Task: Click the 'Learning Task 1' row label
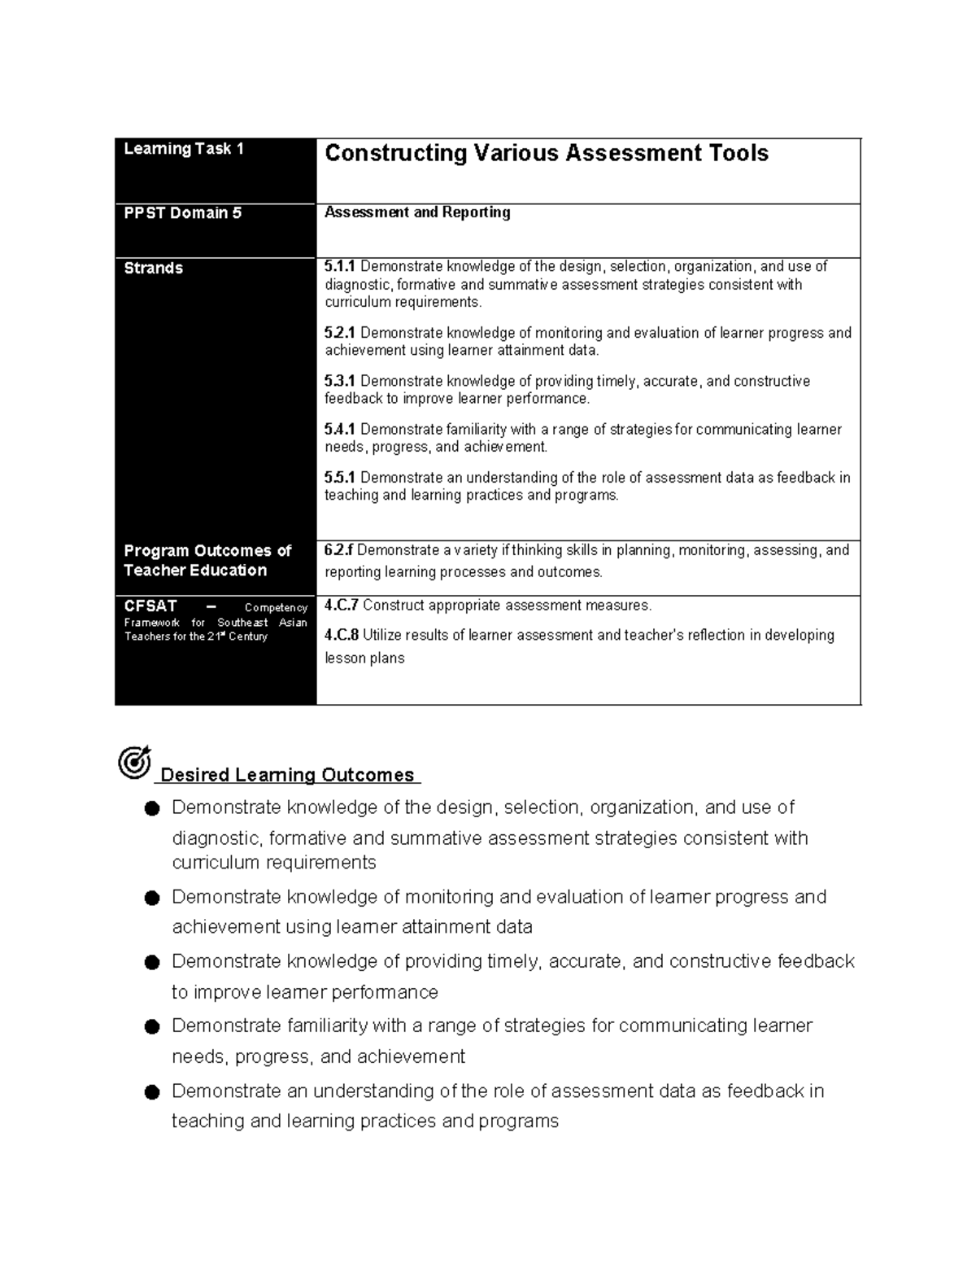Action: [x=184, y=149]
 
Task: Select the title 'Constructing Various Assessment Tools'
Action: [x=546, y=153]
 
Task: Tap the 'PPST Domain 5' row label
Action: [x=183, y=213]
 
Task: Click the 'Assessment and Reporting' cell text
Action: [x=417, y=212]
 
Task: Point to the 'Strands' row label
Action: [x=153, y=268]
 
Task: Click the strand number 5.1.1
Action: [x=340, y=266]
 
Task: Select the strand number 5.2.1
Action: [x=340, y=333]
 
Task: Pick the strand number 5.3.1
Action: [x=340, y=381]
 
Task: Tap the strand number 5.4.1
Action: [x=340, y=429]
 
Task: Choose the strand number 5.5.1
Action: [x=340, y=478]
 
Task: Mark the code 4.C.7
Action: [x=342, y=606]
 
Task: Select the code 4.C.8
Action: [x=342, y=635]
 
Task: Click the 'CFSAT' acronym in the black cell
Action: [x=150, y=606]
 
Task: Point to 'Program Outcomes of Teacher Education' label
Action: [x=207, y=560]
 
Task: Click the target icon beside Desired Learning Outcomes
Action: [x=134, y=762]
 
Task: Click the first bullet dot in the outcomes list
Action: [x=151, y=808]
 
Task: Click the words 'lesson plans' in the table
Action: [x=364, y=658]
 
